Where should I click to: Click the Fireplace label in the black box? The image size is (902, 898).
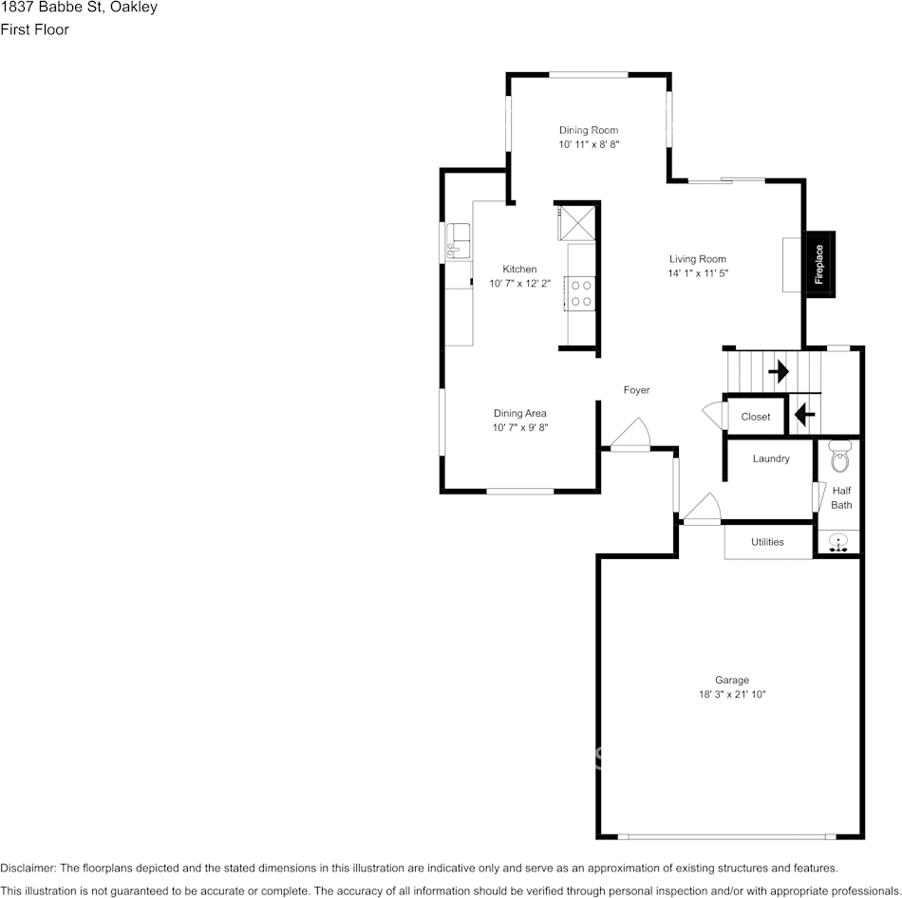(x=818, y=265)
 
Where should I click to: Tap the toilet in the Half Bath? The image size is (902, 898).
(x=839, y=458)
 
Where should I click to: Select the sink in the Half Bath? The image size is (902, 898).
(x=838, y=542)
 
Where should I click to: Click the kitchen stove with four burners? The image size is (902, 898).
(x=579, y=292)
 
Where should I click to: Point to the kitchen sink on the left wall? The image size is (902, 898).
(x=456, y=241)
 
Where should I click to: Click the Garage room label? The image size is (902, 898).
(x=732, y=680)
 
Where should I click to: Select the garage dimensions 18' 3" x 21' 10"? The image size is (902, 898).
(x=732, y=694)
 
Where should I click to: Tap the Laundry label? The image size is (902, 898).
(x=771, y=458)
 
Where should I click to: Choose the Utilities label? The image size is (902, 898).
(x=767, y=542)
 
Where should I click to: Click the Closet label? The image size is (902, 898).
(x=756, y=417)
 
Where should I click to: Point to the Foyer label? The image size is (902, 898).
(x=636, y=390)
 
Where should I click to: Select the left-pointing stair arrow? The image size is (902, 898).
(x=804, y=414)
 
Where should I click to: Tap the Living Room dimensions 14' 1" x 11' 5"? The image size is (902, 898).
(x=698, y=273)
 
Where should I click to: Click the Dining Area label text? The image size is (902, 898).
(x=519, y=413)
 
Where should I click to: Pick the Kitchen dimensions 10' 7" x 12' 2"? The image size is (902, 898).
(x=519, y=284)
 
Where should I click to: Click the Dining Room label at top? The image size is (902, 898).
(x=589, y=130)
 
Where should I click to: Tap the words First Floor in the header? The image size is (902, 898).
(x=34, y=29)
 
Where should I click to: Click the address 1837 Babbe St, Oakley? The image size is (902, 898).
(x=79, y=8)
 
